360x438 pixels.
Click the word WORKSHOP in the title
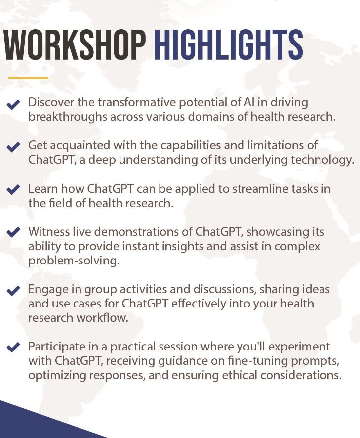click(75, 45)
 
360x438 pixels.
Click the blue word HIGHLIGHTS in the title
click(228, 45)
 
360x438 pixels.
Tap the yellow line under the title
click(28, 78)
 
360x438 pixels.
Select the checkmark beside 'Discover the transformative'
click(13, 105)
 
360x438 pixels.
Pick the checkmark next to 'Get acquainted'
click(13, 147)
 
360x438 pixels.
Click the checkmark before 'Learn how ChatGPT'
click(13, 190)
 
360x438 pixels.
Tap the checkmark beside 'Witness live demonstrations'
click(13, 232)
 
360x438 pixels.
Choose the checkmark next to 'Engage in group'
click(13, 291)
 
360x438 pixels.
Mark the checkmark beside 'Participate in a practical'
click(13, 347)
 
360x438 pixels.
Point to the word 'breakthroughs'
click(68, 117)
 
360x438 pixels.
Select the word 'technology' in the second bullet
click(320, 160)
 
